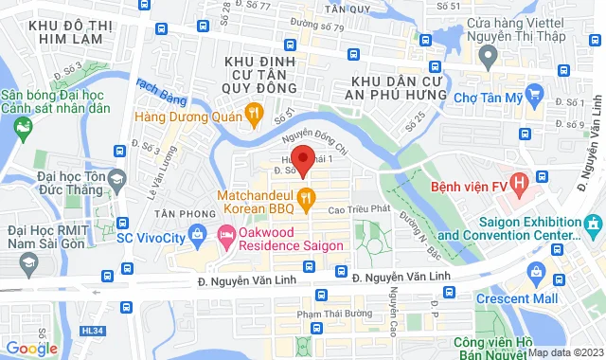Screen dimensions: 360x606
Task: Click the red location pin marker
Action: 302,158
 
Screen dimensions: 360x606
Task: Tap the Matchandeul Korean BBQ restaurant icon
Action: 306,198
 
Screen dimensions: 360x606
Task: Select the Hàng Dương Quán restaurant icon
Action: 253,116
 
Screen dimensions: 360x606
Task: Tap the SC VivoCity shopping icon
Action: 196,233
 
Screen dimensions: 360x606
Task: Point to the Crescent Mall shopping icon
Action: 537,273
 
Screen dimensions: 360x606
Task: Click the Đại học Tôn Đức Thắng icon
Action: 117,179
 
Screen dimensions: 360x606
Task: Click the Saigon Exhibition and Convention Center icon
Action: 594,226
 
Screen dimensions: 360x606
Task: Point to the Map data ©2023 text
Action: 564,352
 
